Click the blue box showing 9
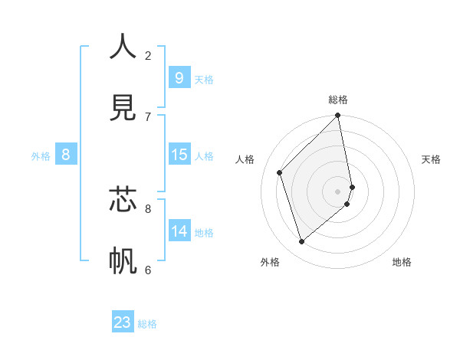[179, 78]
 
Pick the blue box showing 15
[179, 155]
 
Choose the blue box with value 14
[179, 231]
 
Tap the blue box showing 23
[123, 322]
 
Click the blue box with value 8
[65, 155]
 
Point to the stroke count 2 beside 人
[148, 55]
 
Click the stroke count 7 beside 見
[148, 116]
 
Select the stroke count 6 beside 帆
[148, 270]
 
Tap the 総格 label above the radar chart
[338, 100]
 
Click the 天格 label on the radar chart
[432, 159]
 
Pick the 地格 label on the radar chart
[402, 262]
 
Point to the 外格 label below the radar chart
[270, 262]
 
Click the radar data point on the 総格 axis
[338, 116]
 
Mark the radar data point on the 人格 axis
[280, 172]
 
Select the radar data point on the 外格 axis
[302, 241]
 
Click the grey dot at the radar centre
[338, 191]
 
